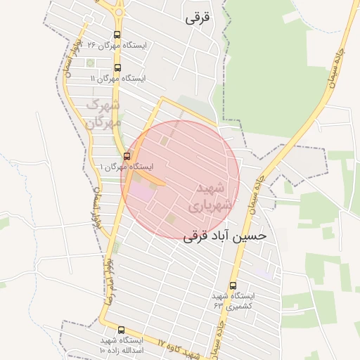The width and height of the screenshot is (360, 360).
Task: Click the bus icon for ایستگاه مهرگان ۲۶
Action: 117,34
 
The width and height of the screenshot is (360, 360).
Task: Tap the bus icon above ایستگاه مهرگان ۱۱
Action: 117,68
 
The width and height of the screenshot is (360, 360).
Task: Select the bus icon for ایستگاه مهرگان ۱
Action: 127,156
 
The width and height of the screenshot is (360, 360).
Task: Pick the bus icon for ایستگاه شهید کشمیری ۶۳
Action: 233,285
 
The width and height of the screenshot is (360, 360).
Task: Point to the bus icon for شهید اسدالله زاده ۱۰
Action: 121,330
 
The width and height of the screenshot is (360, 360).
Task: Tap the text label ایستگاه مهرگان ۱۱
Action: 117,79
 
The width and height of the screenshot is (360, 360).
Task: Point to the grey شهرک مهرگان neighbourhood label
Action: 103,113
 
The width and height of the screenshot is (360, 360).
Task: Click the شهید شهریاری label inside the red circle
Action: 207,197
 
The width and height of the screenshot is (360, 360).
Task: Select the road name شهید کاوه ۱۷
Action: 179,348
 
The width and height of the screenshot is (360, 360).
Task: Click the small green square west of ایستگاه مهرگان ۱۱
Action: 90,63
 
